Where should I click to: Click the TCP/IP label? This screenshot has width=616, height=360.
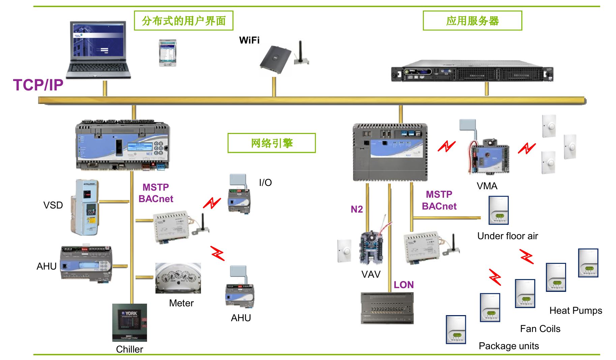[38, 85]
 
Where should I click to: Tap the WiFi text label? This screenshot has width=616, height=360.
[249, 40]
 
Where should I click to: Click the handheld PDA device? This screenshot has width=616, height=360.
[168, 53]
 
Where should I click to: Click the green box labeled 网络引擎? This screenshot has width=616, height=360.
[271, 143]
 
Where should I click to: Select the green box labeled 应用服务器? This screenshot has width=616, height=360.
[472, 21]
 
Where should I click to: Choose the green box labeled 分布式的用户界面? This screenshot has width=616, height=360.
[183, 21]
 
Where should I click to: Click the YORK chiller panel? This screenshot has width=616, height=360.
[129, 323]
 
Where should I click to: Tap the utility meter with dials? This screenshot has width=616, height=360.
[178, 278]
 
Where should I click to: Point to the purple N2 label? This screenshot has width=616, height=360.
[357, 209]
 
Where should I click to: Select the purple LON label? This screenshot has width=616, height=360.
[404, 285]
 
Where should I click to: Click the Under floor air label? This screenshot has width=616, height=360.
[507, 236]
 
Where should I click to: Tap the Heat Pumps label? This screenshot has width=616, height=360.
[576, 310]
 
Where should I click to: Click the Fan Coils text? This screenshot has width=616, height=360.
[540, 329]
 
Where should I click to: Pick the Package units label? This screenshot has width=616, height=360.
[509, 346]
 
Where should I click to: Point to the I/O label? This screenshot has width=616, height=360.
[265, 183]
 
